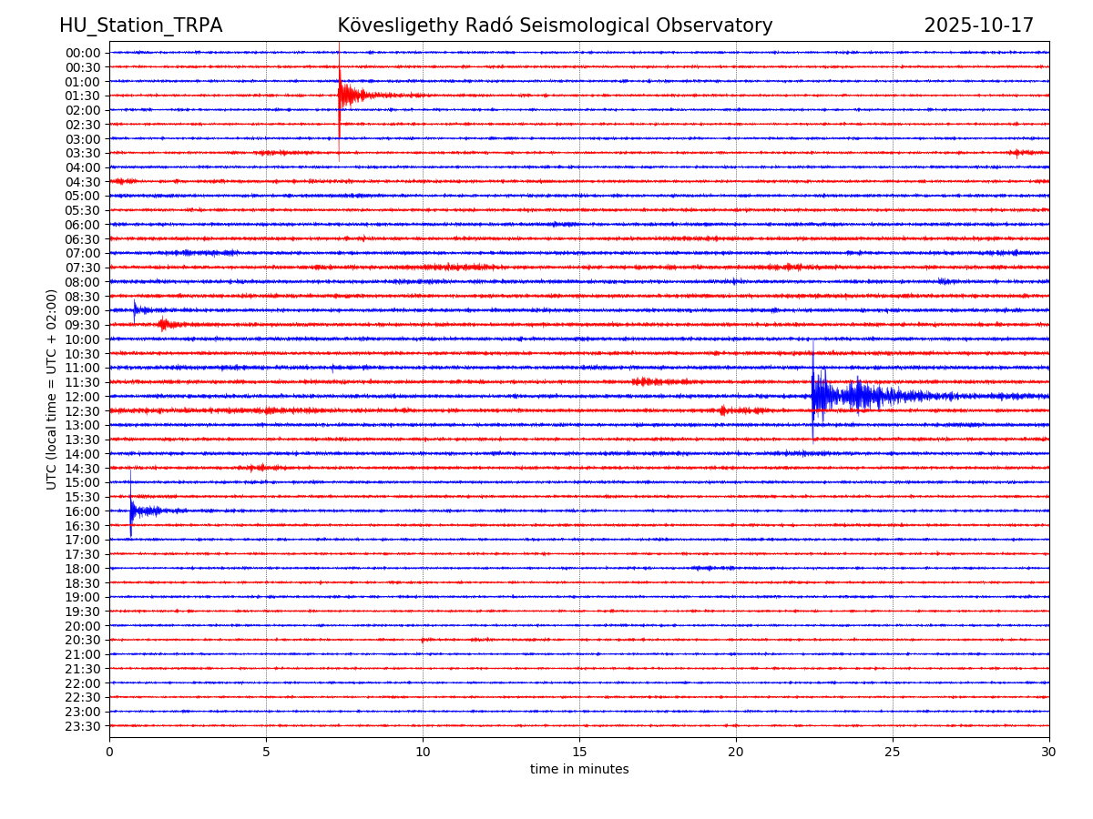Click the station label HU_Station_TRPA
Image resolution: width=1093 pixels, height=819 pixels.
(x=140, y=26)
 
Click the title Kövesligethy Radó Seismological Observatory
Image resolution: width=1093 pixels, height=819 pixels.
(x=555, y=26)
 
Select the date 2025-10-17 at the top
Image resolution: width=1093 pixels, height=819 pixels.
(x=978, y=26)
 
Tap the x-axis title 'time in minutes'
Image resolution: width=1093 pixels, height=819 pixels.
(x=579, y=770)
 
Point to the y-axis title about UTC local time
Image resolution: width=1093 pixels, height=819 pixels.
(x=52, y=389)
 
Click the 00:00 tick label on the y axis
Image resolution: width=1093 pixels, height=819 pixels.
(x=82, y=53)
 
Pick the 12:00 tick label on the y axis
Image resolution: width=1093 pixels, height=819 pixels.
(x=82, y=397)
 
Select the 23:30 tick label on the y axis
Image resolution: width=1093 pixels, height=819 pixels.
(x=82, y=726)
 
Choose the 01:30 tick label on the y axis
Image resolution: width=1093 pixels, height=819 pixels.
(x=82, y=96)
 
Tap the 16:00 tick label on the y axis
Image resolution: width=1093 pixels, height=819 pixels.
(x=82, y=511)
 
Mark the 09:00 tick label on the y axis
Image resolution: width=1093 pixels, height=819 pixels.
(x=82, y=310)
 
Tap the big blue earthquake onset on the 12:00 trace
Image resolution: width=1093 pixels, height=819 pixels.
(x=813, y=395)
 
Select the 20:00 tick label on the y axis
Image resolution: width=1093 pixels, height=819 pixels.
(x=82, y=626)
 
